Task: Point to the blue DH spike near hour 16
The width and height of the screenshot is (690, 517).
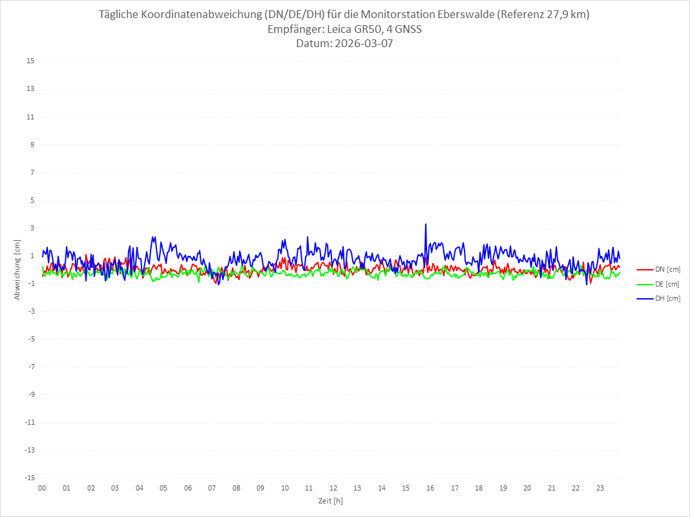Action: [x=426, y=225]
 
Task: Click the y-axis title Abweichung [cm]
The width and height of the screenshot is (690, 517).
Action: [x=17, y=269]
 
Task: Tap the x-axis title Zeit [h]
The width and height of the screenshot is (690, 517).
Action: [x=330, y=501]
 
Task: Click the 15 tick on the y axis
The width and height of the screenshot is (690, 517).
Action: [x=30, y=61]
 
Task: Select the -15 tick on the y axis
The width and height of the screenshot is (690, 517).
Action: [x=29, y=478]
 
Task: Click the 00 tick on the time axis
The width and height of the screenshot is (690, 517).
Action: [x=42, y=488]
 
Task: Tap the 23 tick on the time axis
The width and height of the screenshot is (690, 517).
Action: [x=600, y=488]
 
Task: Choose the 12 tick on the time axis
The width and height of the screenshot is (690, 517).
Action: [x=333, y=488]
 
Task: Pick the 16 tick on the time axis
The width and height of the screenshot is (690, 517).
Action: [x=430, y=488]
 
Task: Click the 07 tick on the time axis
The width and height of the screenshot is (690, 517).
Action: [x=212, y=488]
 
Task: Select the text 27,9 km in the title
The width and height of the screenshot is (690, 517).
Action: [x=563, y=15]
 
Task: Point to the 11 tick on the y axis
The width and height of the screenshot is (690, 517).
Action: [x=30, y=117]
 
